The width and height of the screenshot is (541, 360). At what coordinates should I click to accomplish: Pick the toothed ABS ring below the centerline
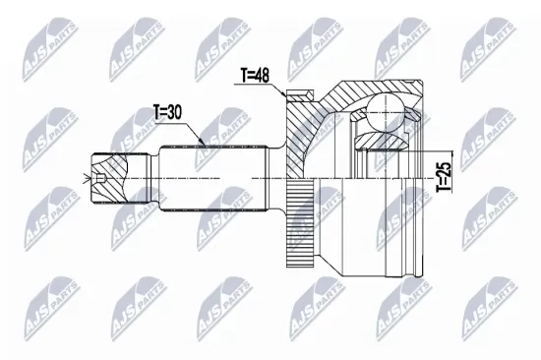tap(297, 226)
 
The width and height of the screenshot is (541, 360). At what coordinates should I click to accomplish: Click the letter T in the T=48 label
tap(243, 74)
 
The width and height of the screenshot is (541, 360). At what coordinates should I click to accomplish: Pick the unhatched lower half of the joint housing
tap(374, 226)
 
